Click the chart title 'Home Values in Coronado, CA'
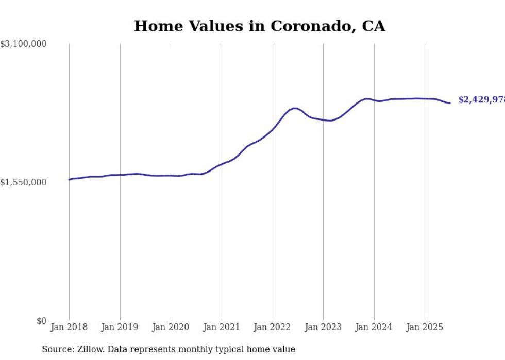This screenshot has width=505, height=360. tap(259, 26)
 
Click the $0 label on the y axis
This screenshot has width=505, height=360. tap(41, 321)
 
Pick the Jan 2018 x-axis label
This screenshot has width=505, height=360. tap(69, 327)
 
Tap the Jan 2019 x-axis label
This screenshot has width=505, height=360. tap(120, 327)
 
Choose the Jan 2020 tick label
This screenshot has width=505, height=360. tap(171, 327)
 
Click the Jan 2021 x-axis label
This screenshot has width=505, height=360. tap(222, 327)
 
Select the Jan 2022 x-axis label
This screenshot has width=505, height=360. tap(273, 327)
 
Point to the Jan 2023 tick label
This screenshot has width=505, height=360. tap(323, 327)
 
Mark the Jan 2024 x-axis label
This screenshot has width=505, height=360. tap(374, 327)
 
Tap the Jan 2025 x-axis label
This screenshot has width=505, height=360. tap(425, 327)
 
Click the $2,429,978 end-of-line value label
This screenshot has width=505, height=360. tap(481, 100)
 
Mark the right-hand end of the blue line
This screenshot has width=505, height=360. tap(450, 103)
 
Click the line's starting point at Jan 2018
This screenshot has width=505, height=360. tap(70, 179)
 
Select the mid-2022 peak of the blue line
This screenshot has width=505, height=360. tap(294, 108)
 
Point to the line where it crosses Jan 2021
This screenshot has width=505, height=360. tap(222, 164)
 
